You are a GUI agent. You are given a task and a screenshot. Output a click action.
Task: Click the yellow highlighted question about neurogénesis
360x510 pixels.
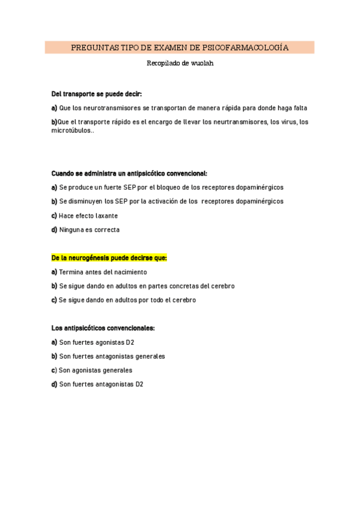pos(109,258)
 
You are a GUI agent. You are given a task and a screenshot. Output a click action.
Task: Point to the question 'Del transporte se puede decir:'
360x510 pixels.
pos(97,94)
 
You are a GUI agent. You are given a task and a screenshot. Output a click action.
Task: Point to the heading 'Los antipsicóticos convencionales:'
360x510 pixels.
pos(103,328)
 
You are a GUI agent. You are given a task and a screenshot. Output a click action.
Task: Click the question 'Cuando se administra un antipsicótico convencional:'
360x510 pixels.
pos(129,173)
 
